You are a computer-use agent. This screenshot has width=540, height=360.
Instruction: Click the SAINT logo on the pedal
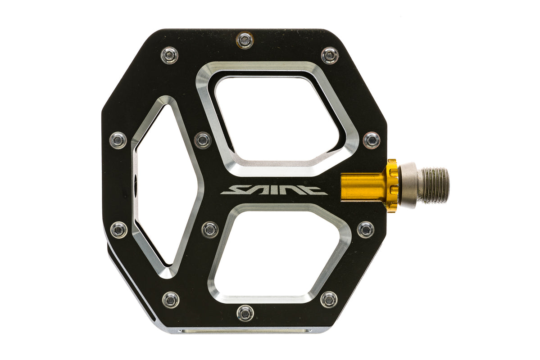[274, 190]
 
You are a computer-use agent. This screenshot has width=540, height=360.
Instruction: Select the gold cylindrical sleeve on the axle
[362, 186]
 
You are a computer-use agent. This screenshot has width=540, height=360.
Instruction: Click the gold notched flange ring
[392, 186]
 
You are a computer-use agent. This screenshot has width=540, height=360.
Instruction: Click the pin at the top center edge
[245, 40]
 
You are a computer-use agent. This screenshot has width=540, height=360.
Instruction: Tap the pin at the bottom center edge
[245, 313]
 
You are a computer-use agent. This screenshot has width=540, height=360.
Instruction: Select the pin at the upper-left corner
[170, 55]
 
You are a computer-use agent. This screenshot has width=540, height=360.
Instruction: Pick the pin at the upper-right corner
[330, 55]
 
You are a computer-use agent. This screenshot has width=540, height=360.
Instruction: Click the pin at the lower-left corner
[171, 300]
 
